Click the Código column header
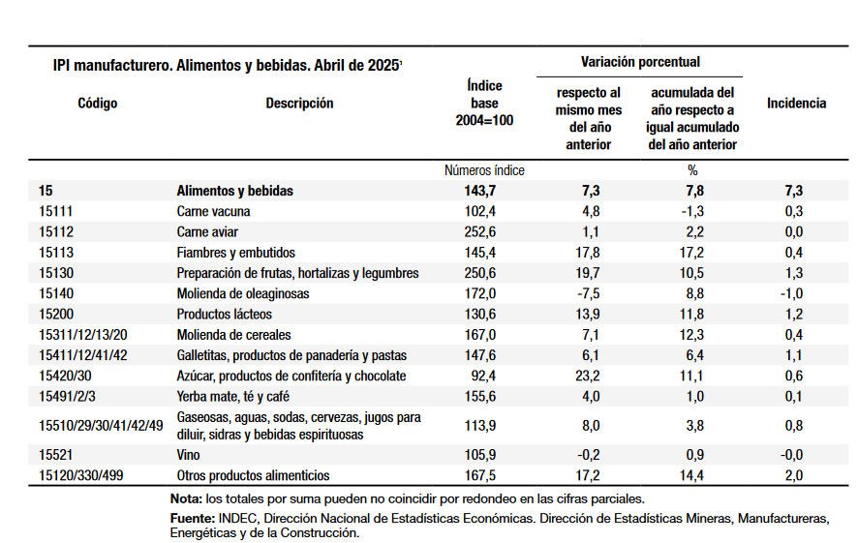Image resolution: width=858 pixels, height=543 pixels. click(98, 103)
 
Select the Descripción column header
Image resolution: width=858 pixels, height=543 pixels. click(299, 103)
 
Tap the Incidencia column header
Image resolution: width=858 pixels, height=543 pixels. click(796, 103)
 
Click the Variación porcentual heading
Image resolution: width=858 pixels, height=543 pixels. click(640, 62)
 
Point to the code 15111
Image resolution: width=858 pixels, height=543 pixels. click(56, 211)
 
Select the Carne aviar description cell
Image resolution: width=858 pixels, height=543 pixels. click(207, 232)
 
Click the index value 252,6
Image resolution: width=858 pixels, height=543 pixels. click(480, 232)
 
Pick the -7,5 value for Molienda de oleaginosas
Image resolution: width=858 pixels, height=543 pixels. click(588, 293)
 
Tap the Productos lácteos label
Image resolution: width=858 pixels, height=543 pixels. click(225, 314)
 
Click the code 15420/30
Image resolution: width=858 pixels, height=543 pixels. click(65, 376)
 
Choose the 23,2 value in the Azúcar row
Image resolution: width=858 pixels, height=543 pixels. click(587, 376)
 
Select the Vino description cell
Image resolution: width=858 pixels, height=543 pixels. click(188, 454)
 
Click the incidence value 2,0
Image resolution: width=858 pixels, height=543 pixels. click(794, 475)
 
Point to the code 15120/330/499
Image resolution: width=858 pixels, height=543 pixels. click(81, 475)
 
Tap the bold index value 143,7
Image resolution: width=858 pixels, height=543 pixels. click(480, 191)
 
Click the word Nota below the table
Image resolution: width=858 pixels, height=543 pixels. click(187, 498)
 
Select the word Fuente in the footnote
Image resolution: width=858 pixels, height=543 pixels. click(193, 518)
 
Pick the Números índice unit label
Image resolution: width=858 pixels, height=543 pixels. click(484, 170)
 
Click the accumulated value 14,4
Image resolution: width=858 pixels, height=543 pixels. click(691, 475)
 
